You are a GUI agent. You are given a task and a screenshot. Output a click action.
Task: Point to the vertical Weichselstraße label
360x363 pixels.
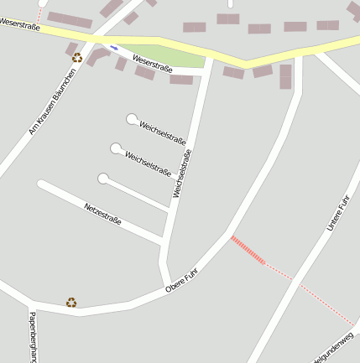coord(182,174)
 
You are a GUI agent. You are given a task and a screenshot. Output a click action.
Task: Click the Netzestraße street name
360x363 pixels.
coord(102,214)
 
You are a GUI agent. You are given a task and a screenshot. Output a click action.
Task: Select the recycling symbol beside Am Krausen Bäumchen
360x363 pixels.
coord(77,58)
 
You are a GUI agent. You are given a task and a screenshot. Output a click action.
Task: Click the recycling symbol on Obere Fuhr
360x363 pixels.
coord(71,302)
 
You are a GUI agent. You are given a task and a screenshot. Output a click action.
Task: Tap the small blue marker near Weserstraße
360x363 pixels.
coord(113,47)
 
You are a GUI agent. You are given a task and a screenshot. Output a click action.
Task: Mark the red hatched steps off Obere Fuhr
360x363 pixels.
coord(248,250)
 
